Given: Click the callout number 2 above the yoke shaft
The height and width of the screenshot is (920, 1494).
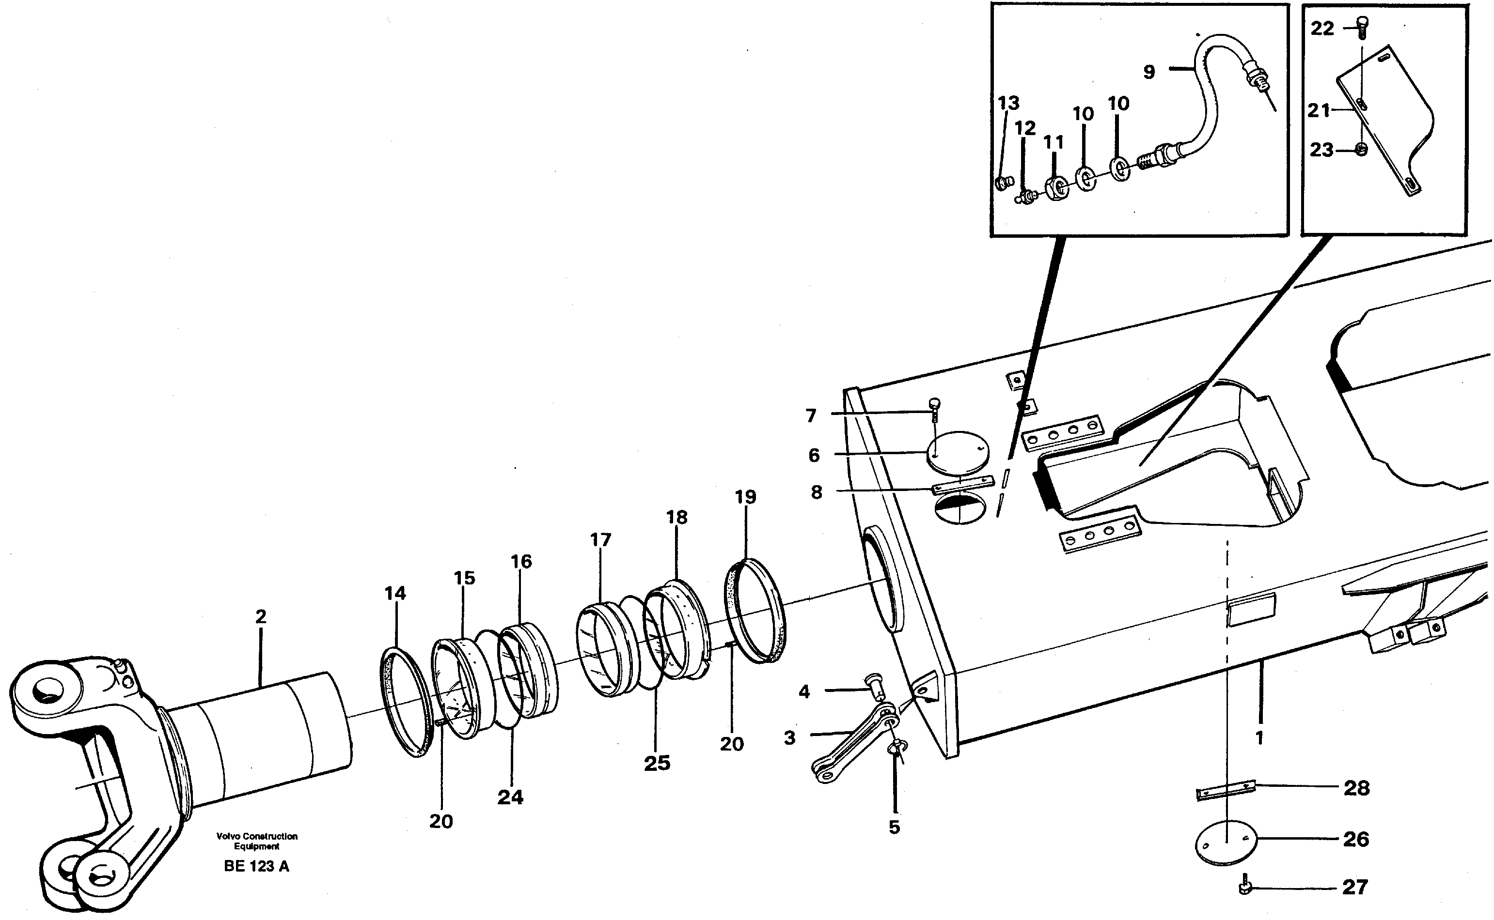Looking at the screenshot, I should point(261,616).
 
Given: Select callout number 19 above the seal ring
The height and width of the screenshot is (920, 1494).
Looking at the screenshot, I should point(745,497).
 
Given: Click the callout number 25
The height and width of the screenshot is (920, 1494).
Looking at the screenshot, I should point(657,763).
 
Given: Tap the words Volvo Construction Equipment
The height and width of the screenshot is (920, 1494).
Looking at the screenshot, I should point(256,841).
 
